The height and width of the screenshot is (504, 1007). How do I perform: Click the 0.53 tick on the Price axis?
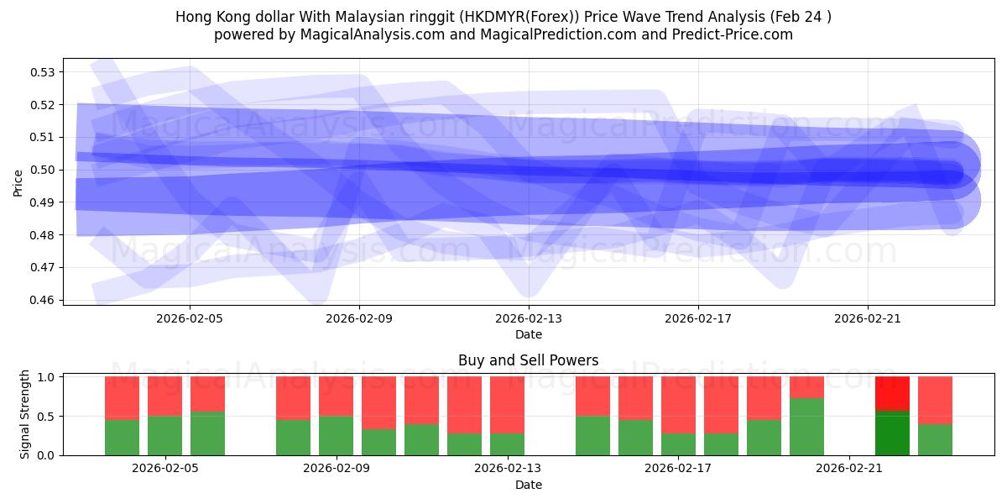point(42,72)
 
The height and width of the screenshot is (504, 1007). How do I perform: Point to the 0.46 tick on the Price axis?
point(42,300)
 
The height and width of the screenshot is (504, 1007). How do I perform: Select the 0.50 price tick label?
point(42,170)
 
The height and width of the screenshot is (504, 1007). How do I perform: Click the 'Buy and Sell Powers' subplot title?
point(528,360)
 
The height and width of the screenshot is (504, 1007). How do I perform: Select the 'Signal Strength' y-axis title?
point(25,414)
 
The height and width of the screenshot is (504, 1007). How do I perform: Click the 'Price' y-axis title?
point(18,182)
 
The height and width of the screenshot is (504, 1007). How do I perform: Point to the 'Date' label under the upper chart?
point(528,334)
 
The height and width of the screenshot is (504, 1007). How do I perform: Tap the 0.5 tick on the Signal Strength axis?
point(47,417)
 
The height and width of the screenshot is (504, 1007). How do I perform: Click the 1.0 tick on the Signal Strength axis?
point(47,377)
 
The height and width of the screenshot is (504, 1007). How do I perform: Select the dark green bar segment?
point(892,433)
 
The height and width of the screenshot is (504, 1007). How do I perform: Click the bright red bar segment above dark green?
point(892,393)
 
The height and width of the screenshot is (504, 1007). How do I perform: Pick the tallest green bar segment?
point(806,427)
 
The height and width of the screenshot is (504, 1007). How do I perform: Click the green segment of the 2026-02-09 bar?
point(336,435)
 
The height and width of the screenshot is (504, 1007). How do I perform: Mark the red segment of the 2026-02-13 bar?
point(507,405)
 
